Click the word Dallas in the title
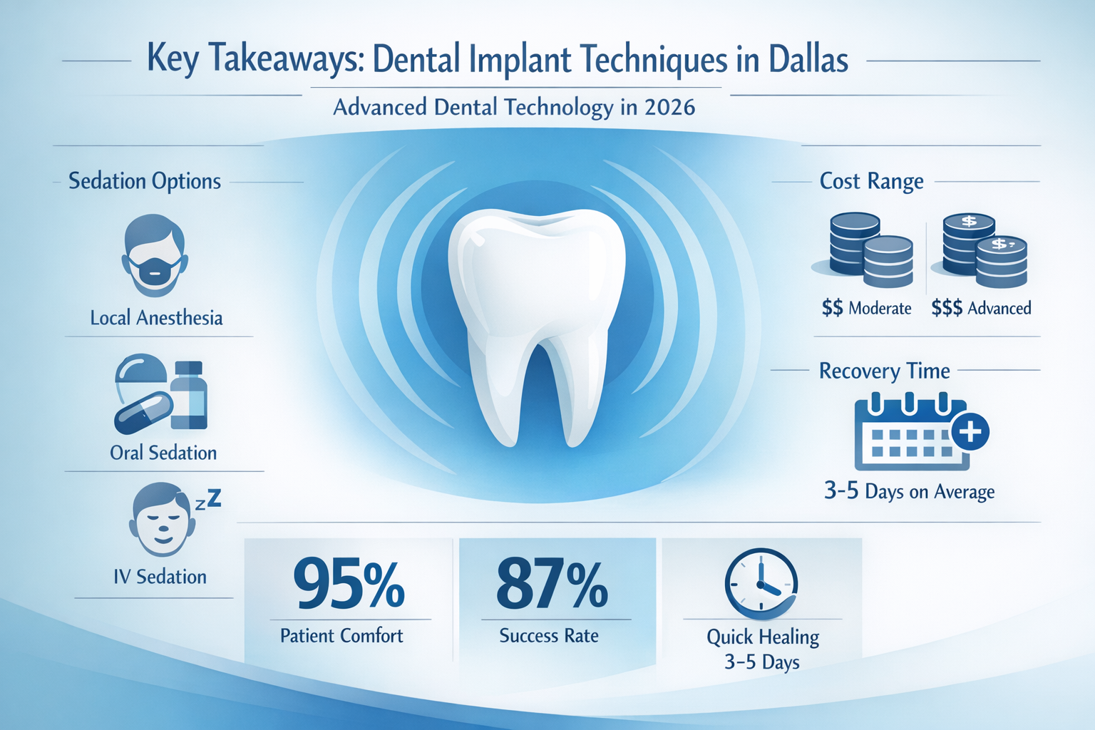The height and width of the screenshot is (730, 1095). (808, 59)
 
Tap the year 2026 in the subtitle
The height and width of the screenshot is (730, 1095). (669, 107)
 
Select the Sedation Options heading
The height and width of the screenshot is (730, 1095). (145, 181)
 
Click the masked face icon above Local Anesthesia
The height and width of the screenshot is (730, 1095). (154, 257)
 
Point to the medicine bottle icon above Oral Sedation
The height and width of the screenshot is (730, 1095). (189, 396)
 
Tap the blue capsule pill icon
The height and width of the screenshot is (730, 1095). (143, 413)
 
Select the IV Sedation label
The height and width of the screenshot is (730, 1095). (160, 576)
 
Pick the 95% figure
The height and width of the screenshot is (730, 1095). (349, 584)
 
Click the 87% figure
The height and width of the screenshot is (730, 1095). (552, 584)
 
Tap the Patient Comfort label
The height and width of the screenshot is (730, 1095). (341, 635)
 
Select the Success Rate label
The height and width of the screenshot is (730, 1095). (549, 635)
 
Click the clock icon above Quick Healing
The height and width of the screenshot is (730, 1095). (761, 583)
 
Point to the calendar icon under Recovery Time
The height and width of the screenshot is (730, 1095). (909, 435)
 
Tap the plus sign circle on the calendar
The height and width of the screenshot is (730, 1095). (970, 431)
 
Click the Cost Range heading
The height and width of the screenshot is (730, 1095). (871, 181)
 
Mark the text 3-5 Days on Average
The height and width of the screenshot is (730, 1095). (909, 491)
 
